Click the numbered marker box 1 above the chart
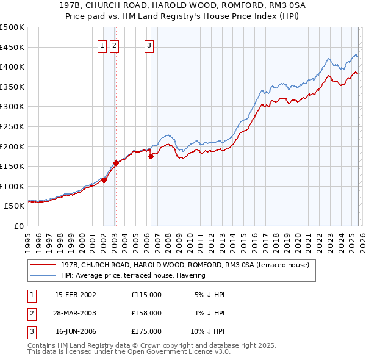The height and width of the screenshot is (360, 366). coord(102,45)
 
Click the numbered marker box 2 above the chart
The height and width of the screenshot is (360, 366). coord(115,45)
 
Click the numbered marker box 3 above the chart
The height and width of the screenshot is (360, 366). coord(149,45)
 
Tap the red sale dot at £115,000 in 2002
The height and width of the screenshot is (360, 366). coord(104,180)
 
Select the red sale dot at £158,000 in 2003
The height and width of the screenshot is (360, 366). coord(116,163)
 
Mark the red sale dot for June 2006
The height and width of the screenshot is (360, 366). coord(151,156)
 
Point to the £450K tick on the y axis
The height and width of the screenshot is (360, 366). coord(12,47)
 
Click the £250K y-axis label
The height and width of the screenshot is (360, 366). coord(12,126)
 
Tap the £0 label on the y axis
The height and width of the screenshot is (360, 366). coord(18,226)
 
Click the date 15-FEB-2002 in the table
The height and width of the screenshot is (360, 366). coord(76,295)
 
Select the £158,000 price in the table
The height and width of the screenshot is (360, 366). coord(146,313)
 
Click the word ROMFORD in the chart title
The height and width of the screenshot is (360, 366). coord(229,6)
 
